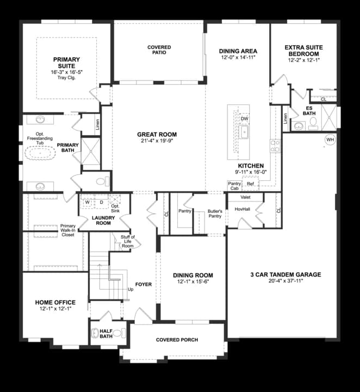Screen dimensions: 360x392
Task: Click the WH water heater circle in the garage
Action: click(x=330, y=139)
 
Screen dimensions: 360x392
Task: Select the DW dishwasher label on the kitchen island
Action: click(x=244, y=119)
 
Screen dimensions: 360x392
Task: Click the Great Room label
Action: click(x=157, y=134)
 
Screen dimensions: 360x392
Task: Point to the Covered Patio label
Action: click(x=159, y=50)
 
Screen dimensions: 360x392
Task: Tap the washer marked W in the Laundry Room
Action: click(x=88, y=202)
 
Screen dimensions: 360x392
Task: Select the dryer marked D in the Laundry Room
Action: click(x=101, y=202)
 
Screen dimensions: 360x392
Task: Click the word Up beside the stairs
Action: click(x=131, y=289)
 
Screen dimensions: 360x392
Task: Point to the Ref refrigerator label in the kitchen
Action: click(x=250, y=184)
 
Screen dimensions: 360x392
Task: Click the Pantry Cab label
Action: click(x=234, y=186)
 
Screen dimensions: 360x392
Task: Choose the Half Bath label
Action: click(x=106, y=334)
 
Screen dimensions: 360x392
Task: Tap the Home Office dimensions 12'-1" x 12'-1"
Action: click(x=55, y=309)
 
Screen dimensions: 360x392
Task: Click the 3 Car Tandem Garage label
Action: click(x=285, y=274)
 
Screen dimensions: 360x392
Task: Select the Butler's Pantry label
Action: click(x=215, y=213)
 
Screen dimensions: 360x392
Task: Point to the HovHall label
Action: click(x=242, y=209)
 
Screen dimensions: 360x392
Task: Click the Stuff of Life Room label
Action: click(x=128, y=241)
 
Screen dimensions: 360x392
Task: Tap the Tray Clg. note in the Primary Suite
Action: click(x=66, y=77)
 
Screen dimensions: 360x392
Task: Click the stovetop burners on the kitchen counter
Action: click(x=275, y=146)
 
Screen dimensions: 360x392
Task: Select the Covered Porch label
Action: click(x=177, y=340)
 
